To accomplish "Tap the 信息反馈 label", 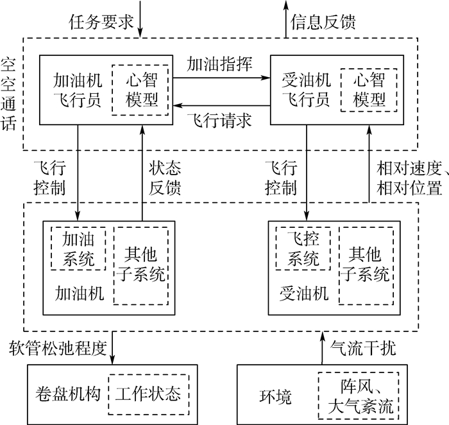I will tap(323, 20).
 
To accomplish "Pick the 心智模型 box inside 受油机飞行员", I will tap(369, 91).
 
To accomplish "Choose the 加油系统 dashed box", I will tap(78, 249).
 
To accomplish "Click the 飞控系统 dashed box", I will tap(302, 249).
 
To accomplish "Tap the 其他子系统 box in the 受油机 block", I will tap(364, 265).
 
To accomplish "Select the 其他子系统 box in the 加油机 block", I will tap(140, 265).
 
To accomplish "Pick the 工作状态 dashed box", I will tap(149, 392).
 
